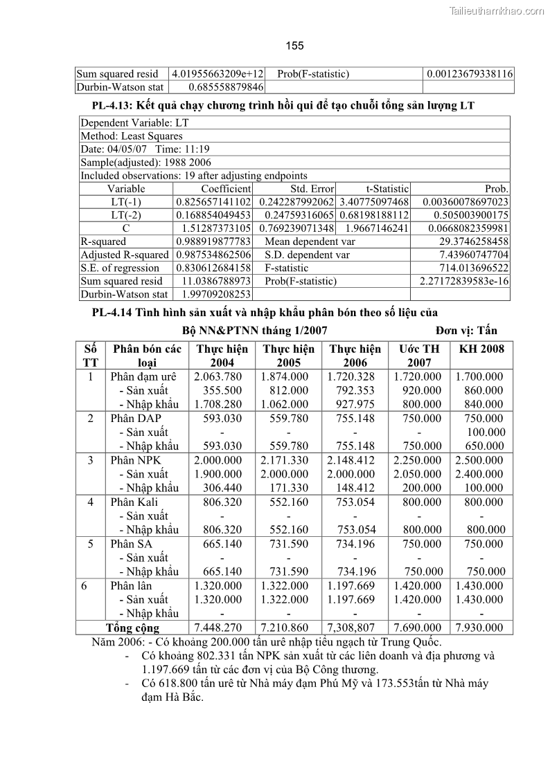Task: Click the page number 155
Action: pos(294,46)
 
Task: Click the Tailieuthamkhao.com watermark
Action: pos(497,10)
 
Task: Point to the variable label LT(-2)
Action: pos(126,214)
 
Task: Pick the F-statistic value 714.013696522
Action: pos(474,268)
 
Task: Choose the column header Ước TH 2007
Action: pos(418,355)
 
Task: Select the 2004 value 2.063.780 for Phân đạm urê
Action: pos(218,376)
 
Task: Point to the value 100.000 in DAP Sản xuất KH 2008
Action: pos(486,432)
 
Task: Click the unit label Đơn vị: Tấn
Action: pos(466,330)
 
